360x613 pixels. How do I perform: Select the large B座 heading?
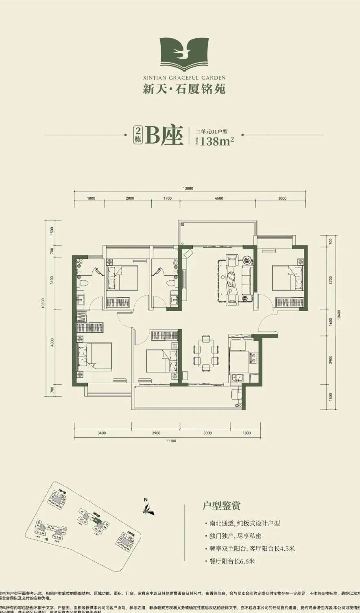[165, 135]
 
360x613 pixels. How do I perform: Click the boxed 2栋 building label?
[138, 135]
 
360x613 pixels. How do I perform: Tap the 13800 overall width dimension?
[188, 188]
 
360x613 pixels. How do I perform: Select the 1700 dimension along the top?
[167, 199]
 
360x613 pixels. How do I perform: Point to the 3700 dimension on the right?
[331, 280]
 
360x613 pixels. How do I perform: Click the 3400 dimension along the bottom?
[102, 433]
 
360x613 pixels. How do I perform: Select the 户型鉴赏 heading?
[221, 506]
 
